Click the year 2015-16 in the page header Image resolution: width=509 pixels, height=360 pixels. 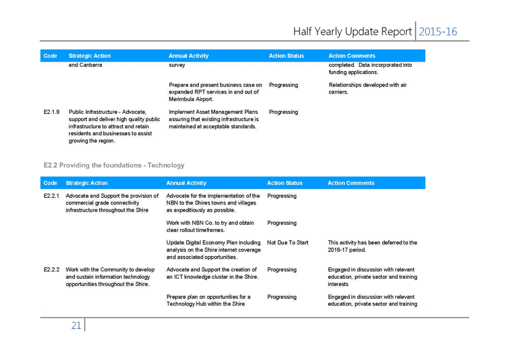[437, 31]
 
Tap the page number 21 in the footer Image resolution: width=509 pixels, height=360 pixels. [76, 325]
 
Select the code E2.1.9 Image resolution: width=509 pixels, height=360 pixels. [52, 112]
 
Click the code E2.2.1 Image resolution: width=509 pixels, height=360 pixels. [52, 196]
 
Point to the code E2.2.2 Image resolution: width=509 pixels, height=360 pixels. [52, 269]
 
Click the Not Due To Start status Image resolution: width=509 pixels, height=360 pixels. [288, 242]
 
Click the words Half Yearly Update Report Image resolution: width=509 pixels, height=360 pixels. [352, 31]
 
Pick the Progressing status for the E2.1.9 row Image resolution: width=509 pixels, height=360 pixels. [283, 112]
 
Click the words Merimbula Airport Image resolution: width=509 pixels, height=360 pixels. [191, 99]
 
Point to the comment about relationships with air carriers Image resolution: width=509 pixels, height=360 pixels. [367, 88]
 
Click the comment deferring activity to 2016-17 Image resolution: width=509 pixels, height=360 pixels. [372, 246]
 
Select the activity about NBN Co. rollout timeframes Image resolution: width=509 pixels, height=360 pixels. [210, 226]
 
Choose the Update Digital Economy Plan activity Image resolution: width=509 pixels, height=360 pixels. [213, 250]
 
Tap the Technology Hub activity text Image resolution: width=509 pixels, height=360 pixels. [208, 300]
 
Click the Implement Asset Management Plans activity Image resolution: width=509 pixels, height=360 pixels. [213, 119]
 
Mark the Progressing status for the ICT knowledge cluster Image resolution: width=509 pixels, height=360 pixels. [282, 270]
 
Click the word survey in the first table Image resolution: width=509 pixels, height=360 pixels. [177, 65]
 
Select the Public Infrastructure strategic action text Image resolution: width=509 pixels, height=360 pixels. [114, 127]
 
